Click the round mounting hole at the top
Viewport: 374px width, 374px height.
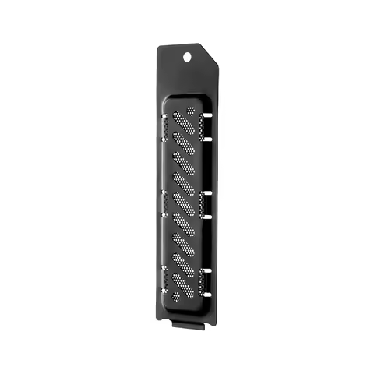[188, 57]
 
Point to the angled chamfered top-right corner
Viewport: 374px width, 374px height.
[214, 55]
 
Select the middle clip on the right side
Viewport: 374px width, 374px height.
[207, 203]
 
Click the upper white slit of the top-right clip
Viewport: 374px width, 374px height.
[208, 118]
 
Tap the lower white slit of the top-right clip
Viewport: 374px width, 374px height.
[208, 137]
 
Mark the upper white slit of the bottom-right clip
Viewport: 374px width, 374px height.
[208, 270]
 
